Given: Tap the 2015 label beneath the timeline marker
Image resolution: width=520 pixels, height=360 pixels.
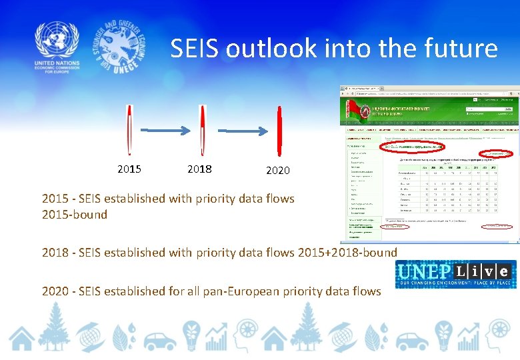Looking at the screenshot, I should pyautogui.click(x=129, y=169).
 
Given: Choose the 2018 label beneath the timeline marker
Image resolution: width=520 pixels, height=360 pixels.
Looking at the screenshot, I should pyautogui.click(x=200, y=169).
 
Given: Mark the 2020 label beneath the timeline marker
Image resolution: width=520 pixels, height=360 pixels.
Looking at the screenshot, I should pyautogui.click(x=278, y=171).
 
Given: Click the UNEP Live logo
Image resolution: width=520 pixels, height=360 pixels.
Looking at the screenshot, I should pyautogui.click(x=455, y=273).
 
